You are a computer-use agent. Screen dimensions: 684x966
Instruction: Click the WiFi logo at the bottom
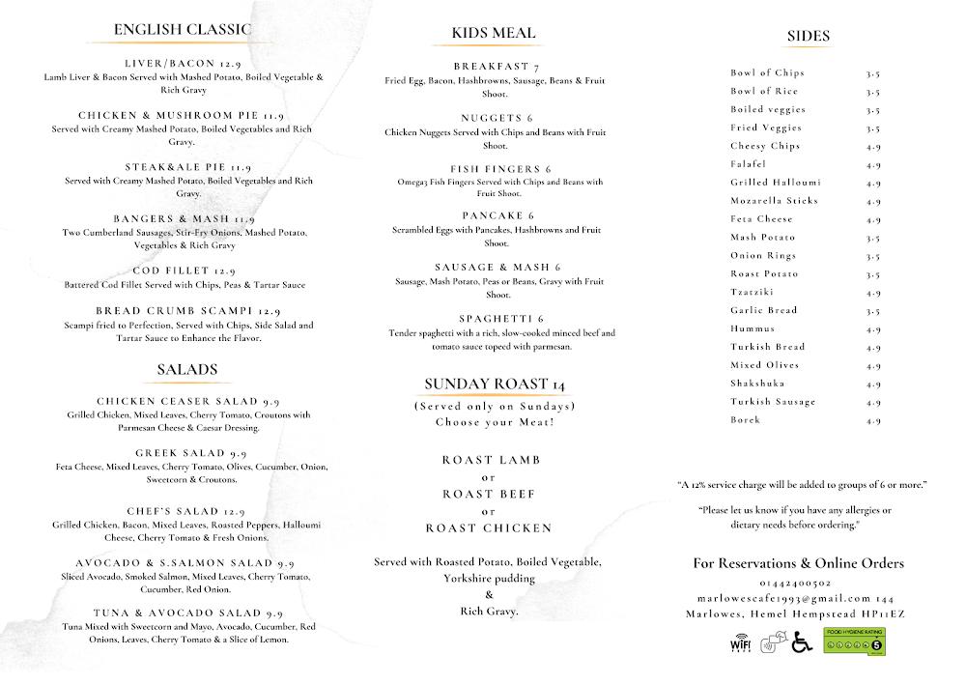740,642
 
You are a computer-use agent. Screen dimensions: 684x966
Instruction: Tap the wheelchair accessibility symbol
802,642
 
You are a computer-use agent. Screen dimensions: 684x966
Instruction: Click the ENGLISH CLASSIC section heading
182,29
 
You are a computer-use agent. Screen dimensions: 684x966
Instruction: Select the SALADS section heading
186,369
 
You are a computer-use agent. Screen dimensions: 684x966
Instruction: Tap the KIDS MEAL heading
493,33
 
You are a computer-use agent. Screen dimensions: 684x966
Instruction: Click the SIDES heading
808,37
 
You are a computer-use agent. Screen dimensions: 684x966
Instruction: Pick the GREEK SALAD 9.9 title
190,453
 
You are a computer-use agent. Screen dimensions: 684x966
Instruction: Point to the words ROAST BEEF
488,494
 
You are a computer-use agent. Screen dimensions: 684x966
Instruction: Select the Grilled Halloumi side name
776,182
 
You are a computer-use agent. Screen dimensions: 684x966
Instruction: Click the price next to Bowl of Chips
873,72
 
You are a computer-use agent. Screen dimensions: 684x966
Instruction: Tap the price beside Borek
873,420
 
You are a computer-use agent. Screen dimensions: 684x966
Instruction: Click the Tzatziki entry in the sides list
752,292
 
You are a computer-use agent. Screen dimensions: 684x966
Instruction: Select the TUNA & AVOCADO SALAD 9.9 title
188,613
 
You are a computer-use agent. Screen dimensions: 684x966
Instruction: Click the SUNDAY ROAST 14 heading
495,384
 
